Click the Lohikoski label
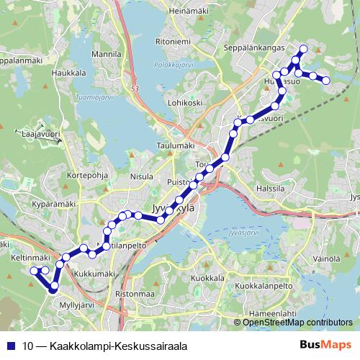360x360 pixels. [184, 104]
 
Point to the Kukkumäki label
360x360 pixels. [95, 274]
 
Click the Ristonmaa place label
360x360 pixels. [135, 294]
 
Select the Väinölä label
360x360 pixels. [326, 258]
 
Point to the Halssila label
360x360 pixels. [271, 190]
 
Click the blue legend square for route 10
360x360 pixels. [11, 346]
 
